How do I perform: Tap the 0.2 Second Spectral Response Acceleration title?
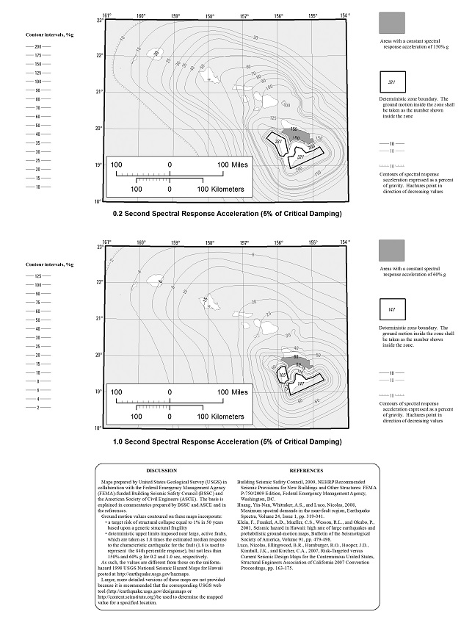pyautogui.click(x=227, y=214)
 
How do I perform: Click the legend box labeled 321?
pyautogui.click(x=391, y=82)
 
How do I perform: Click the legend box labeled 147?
pyautogui.click(x=391, y=310)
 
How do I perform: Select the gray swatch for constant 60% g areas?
pyautogui.click(x=391, y=250)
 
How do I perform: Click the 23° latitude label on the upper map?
pyautogui.click(x=98, y=21)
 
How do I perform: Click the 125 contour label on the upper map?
pyautogui.click(x=273, y=118)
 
